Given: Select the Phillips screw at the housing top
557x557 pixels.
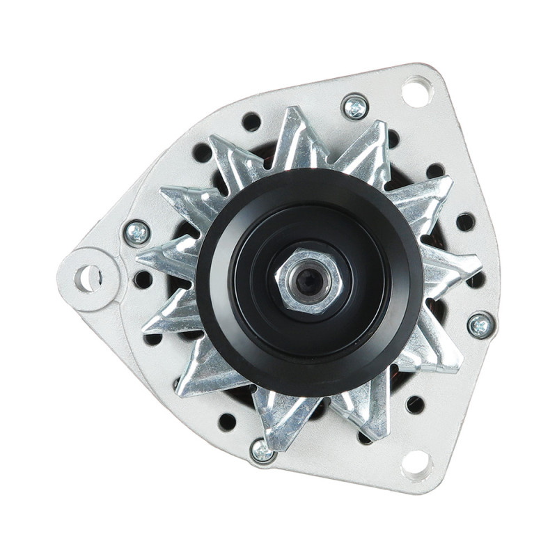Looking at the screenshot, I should coord(355,107).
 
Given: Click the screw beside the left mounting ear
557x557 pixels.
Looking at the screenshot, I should coord(137,232).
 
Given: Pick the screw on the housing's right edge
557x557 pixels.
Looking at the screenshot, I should coord(480,324).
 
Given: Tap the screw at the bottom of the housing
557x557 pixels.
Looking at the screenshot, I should coord(262,451).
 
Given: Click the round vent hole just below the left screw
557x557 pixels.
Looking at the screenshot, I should coord(143,279).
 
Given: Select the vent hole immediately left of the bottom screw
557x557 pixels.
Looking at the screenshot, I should coord(227,421).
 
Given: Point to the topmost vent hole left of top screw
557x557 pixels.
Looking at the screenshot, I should coord(251,122).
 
